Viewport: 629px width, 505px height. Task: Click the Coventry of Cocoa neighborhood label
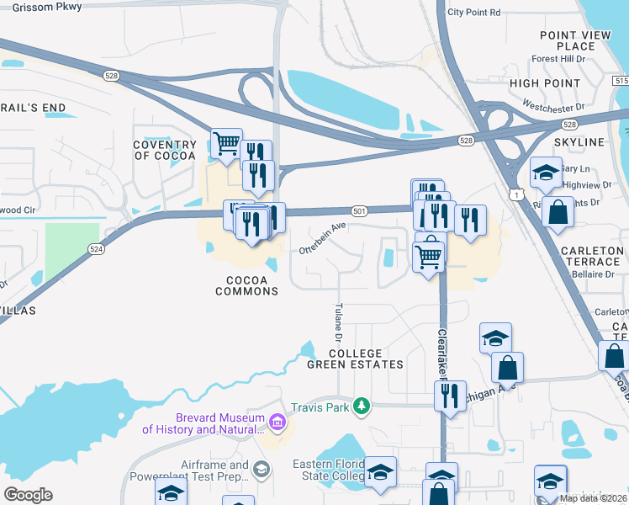(x=164, y=150)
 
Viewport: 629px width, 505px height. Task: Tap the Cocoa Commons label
(x=246, y=285)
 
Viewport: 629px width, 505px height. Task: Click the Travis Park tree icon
(x=362, y=407)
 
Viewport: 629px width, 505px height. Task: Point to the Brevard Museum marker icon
(x=278, y=419)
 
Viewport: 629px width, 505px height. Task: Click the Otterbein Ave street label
(x=322, y=238)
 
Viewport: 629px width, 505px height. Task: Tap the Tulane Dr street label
(x=339, y=322)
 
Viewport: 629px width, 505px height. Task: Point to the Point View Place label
(x=568, y=40)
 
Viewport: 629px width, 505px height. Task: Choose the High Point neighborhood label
(x=545, y=83)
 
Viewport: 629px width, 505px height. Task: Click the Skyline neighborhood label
(x=579, y=142)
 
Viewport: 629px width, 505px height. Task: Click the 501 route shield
(x=359, y=210)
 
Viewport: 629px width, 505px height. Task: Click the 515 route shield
(x=621, y=81)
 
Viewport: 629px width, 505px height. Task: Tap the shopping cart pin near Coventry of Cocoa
(x=226, y=144)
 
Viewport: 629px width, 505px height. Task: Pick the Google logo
(x=28, y=495)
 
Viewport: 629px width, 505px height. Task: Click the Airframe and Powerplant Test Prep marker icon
(x=262, y=469)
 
